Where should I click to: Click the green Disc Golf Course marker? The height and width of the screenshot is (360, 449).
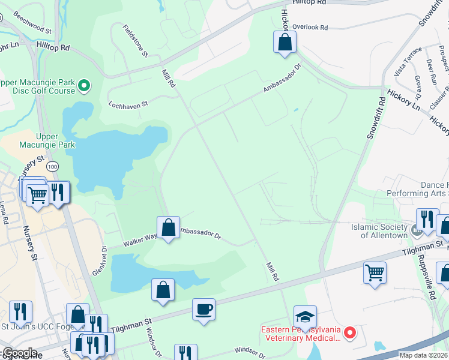coord(85,86)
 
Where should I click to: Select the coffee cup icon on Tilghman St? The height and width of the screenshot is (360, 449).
coord(203,310)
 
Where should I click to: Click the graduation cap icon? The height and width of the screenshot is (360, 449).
coord(305,316)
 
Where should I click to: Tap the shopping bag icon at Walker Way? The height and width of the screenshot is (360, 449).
coord(169,227)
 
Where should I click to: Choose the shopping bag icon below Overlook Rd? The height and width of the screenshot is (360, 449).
coord(285,42)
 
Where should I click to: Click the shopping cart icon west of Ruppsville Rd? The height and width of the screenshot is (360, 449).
coord(375,272)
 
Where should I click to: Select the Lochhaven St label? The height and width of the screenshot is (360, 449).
coord(128,104)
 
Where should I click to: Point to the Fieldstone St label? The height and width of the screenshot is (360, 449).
coord(136,41)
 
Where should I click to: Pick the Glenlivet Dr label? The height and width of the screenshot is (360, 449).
coord(99,259)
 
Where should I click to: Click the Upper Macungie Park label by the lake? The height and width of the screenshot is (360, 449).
coord(55,140)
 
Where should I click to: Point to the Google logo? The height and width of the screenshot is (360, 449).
coord(20,353)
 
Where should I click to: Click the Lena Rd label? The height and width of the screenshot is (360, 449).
coord(5,214)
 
